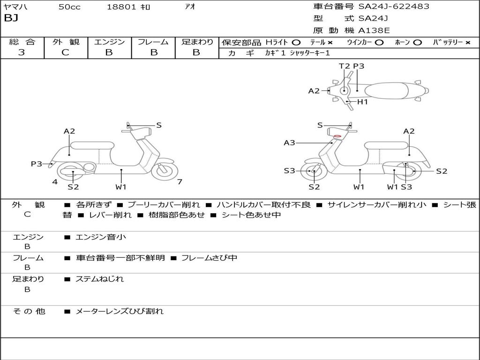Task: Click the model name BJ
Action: click(11, 18)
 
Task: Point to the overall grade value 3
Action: click(22, 52)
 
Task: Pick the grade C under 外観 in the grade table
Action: click(66, 52)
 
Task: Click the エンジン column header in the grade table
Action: click(109, 42)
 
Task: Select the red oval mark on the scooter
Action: click(337, 136)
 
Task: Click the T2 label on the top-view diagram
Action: click(345, 66)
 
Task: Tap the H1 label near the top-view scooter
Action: click(363, 102)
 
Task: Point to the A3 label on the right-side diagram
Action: click(289, 142)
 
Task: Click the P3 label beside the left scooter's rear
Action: click(37, 164)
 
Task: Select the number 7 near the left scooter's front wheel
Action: click(180, 181)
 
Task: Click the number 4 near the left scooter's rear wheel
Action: click(55, 181)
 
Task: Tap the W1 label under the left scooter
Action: click(121, 187)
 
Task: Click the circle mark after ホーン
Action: click(418, 42)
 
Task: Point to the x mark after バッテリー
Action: click(468, 42)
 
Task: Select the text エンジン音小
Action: click(101, 237)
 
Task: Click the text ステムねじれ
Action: click(100, 279)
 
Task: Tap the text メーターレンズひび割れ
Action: click(120, 311)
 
